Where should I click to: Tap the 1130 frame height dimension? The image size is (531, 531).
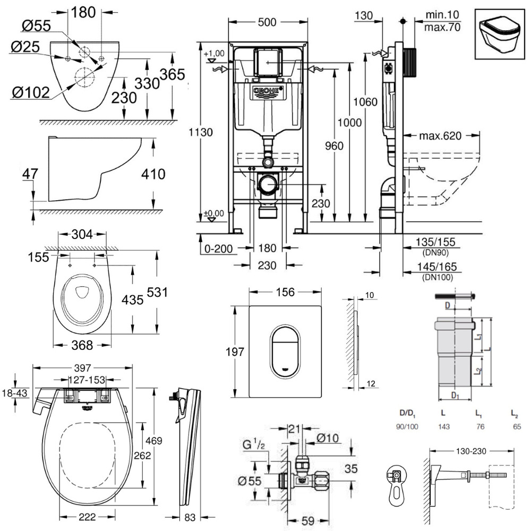(203, 132)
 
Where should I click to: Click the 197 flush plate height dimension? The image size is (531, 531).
(234, 351)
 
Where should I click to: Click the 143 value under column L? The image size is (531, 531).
(443, 426)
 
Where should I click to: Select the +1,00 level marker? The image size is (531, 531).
(214, 53)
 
